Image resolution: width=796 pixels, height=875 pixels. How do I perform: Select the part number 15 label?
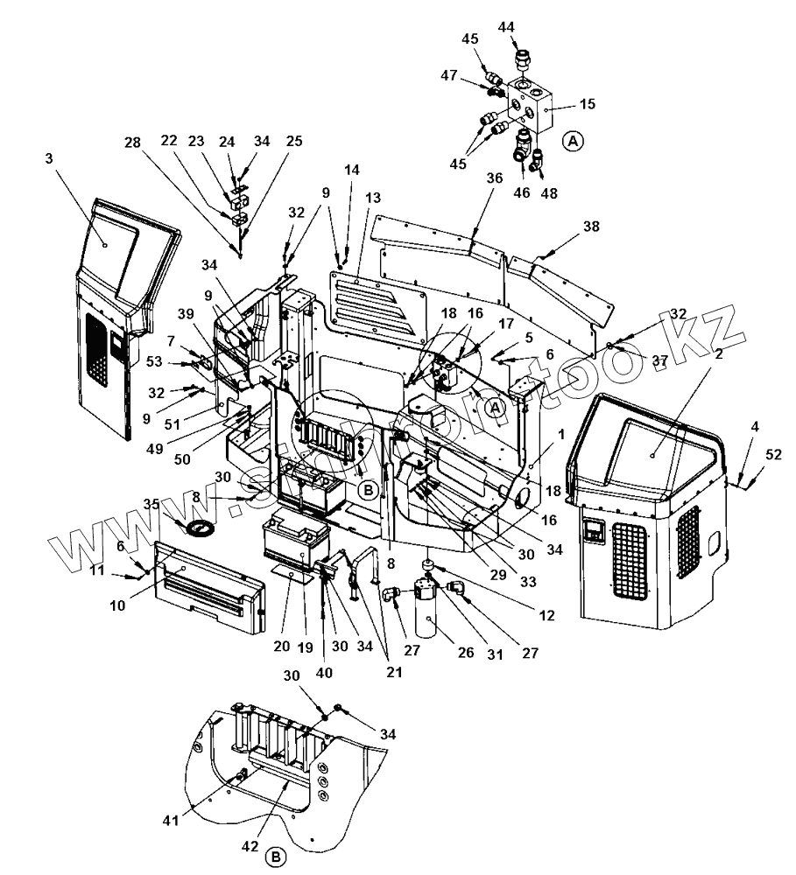point(587,104)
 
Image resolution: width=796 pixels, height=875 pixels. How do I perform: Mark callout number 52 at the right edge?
point(773,453)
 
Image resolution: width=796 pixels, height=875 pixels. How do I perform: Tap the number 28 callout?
point(132,143)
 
